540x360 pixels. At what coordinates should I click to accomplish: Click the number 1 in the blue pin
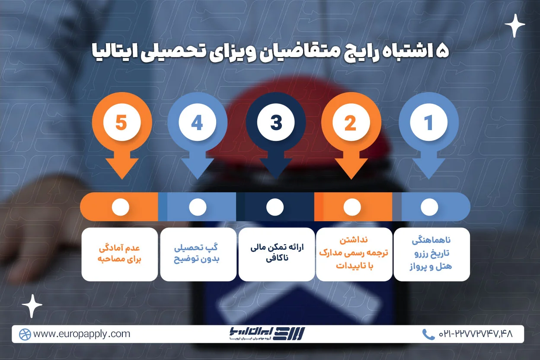[x=428, y=123]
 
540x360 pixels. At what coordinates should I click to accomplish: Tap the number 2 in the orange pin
[x=351, y=123]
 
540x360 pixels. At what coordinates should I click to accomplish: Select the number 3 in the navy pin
[x=276, y=123]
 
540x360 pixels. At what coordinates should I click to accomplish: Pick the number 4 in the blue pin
[x=197, y=123]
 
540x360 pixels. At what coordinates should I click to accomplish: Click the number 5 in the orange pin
[x=121, y=123]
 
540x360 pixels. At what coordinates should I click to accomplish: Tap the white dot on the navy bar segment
[x=275, y=207]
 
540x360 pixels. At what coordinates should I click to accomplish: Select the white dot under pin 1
[x=429, y=207]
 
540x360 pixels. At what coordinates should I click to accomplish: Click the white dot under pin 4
[x=198, y=207]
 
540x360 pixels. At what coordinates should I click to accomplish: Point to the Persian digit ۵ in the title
[x=442, y=51]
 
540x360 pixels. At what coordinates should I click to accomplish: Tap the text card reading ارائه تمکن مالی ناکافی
[x=277, y=254]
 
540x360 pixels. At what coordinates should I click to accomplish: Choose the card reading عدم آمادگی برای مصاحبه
[x=120, y=254]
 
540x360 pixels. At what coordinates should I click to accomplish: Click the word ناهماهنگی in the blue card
[x=431, y=240]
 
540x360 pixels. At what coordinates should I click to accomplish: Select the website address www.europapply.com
[x=82, y=334]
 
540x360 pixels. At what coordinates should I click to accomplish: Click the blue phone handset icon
[x=428, y=334]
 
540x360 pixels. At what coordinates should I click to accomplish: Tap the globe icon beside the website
[x=25, y=335]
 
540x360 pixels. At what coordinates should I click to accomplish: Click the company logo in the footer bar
[x=267, y=334]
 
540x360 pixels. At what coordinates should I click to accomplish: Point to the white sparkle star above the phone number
[x=514, y=25]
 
